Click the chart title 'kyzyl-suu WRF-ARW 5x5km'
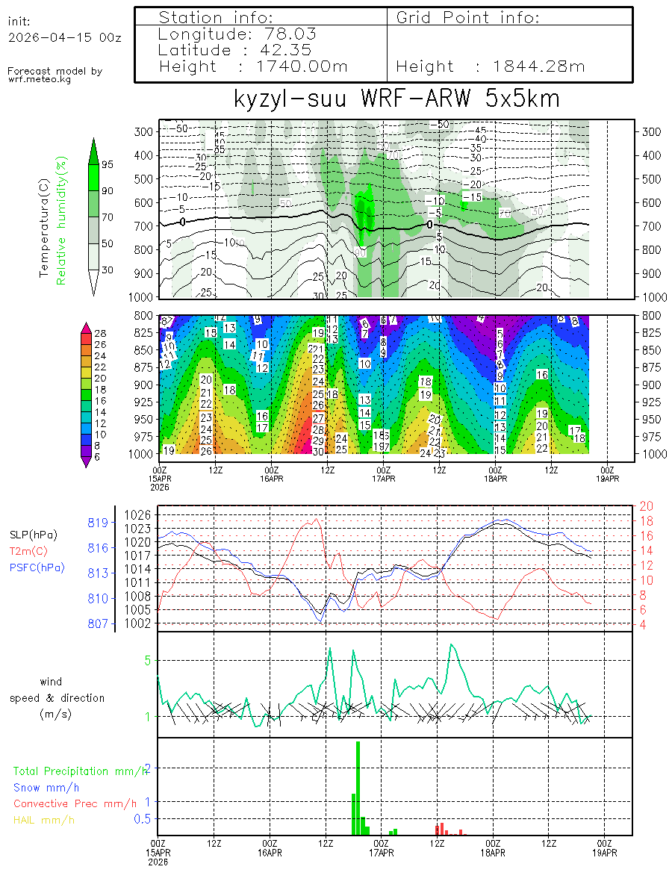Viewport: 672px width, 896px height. (396, 99)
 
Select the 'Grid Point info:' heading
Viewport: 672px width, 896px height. (467, 17)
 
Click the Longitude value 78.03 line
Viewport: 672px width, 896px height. (237, 34)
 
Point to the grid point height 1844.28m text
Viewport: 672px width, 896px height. (491, 66)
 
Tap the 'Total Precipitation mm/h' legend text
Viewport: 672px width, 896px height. (81, 771)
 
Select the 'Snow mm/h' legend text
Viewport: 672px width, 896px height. (46, 787)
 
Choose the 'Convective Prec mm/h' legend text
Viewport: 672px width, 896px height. (75, 803)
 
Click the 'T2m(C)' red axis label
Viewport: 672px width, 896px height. (27, 551)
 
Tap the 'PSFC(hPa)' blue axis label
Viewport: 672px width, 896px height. (37, 567)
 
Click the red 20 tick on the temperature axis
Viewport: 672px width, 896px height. (647, 507)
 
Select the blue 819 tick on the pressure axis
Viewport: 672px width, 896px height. (99, 522)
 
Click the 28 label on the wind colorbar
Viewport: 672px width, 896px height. (101, 332)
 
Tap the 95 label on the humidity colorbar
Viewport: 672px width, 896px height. (108, 164)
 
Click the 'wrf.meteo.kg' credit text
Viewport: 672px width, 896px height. (40, 79)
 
